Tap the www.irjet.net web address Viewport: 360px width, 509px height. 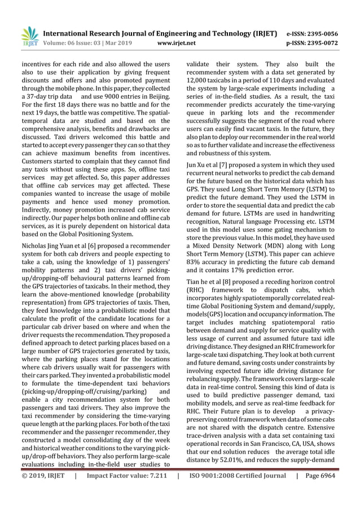178,42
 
